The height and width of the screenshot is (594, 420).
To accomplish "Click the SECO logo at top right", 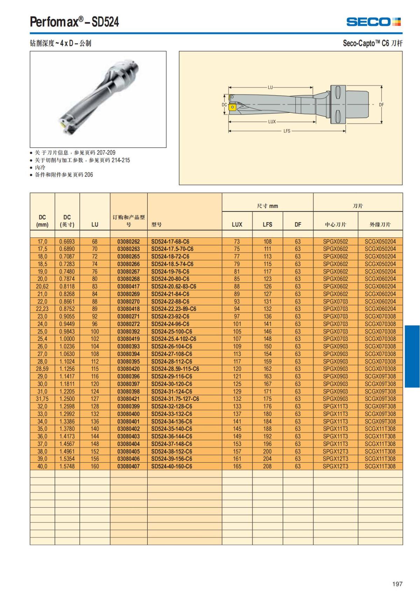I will point(373,22).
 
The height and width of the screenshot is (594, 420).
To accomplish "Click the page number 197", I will point(397,584).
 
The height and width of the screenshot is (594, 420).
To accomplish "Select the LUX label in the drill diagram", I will point(272,122).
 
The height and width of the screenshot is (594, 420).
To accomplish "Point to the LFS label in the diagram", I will point(287,131).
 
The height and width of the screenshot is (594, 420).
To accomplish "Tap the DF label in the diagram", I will point(381,104).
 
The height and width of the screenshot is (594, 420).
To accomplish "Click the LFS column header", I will point(267,224).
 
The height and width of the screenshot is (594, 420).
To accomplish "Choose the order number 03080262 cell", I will point(128,242).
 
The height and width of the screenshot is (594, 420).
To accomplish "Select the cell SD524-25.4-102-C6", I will point(174,339).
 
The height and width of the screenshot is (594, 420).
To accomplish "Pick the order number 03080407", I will point(128,466).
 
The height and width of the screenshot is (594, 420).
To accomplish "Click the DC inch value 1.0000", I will point(67,339).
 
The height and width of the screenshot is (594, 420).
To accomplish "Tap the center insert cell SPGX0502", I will point(335,242).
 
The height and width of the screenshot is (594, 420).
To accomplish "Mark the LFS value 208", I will point(267,466).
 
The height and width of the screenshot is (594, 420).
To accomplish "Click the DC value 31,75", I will point(42,399).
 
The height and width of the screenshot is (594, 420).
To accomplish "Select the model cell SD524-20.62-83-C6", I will point(174,286).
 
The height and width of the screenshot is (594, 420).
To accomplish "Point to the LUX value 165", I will point(237,466).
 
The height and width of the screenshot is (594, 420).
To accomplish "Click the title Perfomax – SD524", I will point(75,22).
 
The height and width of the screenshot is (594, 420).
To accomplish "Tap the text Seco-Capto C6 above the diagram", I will point(372,43).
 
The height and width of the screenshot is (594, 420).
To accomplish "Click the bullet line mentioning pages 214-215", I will point(82,160).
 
